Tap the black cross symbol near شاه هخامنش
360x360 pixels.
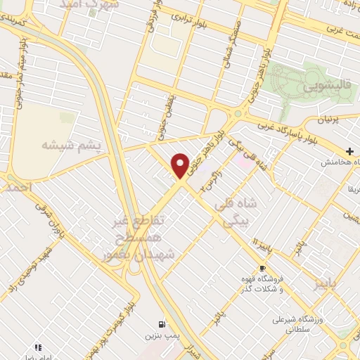349,151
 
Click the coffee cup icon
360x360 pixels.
262,269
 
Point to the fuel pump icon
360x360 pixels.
163,324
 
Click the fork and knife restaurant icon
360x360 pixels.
37,347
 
